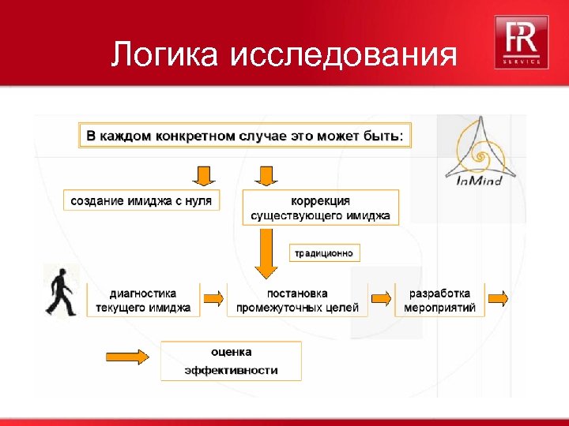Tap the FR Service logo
point(518,42)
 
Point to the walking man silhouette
point(59,292)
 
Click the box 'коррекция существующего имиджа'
point(320,207)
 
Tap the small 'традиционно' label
point(326,253)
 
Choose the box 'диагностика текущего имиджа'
point(143,300)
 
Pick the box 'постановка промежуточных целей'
point(297,300)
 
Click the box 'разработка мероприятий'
point(439,300)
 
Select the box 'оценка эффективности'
point(231,361)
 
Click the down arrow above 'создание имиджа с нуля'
point(204,174)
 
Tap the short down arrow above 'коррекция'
point(266,174)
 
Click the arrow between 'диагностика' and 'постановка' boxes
point(213,298)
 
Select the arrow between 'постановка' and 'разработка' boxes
point(381,298)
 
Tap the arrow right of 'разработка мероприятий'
point(498,298)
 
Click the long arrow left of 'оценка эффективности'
point(126,357)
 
